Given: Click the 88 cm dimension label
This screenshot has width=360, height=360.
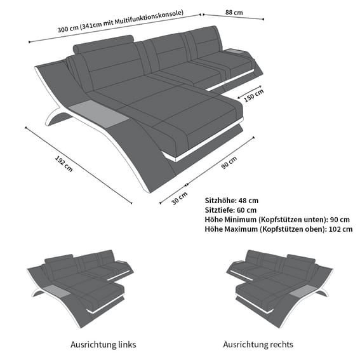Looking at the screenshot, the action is pos(234,12).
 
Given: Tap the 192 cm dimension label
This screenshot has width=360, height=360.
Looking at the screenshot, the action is pos(64,164).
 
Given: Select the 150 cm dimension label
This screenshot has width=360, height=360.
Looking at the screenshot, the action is pos(253,95).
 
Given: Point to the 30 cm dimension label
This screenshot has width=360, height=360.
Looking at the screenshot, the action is pos(179,198).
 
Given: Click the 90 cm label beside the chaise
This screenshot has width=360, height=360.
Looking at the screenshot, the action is pos(229,163).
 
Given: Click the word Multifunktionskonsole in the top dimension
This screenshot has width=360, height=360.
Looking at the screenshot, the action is pos(149,17).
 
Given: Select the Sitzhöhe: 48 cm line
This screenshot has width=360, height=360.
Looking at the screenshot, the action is pos(231,201).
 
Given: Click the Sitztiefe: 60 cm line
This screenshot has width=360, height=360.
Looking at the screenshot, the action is pos(230,210).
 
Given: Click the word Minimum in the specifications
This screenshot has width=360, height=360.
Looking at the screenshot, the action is pos(240,220).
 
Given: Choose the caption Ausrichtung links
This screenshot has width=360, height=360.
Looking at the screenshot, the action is pos(103,344).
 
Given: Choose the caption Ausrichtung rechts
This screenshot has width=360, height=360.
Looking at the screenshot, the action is pos(258,344).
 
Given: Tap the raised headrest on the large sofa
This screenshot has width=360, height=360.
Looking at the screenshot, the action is pos(103,44).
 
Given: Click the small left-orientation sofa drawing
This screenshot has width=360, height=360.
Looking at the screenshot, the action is pos(81,289).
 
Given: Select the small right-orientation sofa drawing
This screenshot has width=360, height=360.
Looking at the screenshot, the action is pos(279,289).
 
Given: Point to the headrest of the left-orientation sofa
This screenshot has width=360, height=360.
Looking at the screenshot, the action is pos(59,259).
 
